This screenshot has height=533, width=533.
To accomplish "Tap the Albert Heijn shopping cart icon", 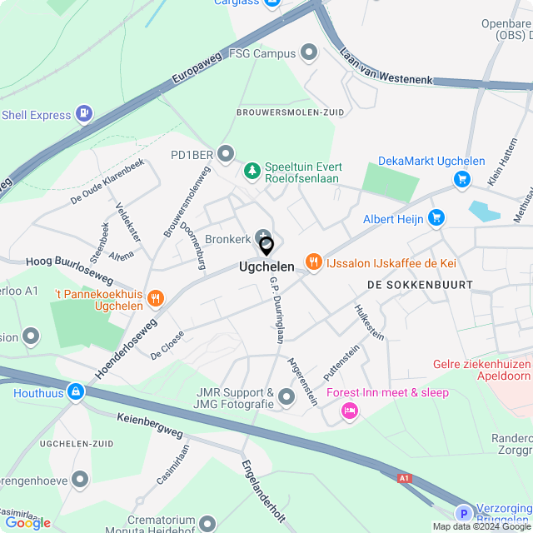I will pos(436,219).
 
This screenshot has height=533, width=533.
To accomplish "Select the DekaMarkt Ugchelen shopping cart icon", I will pos(463,178).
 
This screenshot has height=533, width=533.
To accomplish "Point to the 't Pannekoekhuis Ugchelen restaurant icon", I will pos(156,298).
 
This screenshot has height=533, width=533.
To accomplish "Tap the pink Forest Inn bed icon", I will pos(349,410).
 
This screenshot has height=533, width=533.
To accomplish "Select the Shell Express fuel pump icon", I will pos(84,114).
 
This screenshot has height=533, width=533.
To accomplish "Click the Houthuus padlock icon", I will pos(76,391).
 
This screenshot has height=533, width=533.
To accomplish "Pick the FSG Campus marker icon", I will pos(310,53).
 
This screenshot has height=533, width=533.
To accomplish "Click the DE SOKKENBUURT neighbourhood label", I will pos(420,285).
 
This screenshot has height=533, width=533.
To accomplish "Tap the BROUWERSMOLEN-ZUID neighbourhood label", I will pos(279,112).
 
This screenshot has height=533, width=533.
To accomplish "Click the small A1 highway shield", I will pos(405,478).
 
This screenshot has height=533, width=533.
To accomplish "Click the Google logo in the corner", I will pos(27,522).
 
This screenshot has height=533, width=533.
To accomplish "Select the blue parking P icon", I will pos(462,514).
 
